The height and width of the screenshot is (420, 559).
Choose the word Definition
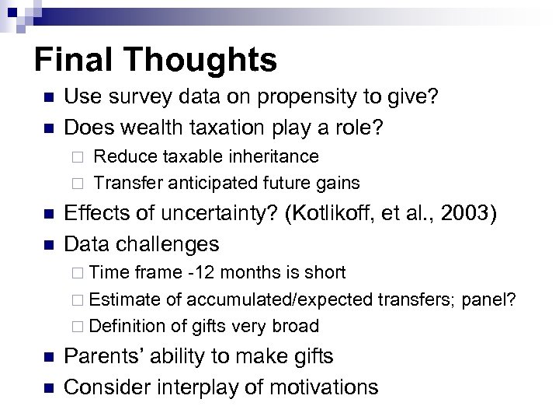(126, 327)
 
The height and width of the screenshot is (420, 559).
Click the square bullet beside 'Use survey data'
(47, 97)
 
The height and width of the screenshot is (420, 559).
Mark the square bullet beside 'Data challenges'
(47, 244)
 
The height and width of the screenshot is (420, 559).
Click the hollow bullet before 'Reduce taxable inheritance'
(77, 157)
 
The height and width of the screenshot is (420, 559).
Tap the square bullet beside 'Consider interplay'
(47, 387)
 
